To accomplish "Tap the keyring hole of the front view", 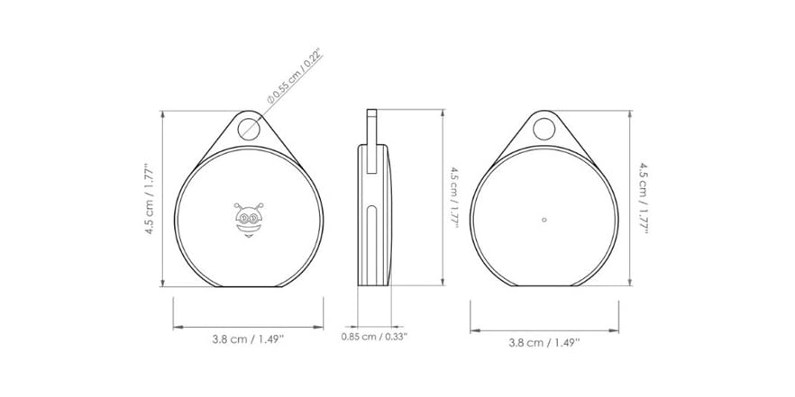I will tap(249, 128).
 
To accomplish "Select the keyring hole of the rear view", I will tap(544, 129).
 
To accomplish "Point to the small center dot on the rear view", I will tap(544, 219).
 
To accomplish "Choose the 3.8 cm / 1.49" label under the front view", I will tap(248, 340).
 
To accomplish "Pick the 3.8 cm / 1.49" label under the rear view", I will tap(544, 342).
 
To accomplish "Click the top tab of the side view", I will tap(371, 126).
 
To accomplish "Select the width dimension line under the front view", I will tap(248, 326).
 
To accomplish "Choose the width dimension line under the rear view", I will tap(544, 328).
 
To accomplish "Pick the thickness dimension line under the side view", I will tap(374, 325).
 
